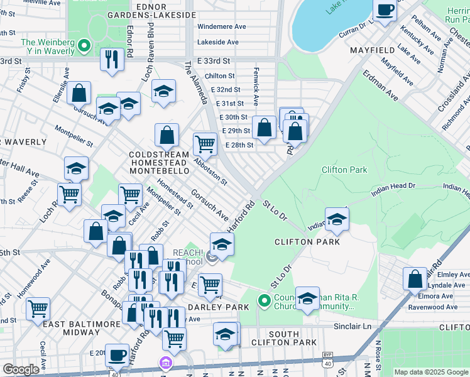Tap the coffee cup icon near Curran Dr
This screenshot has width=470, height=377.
click(x=385, y=10)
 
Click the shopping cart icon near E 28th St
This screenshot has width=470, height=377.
click(x=205, y=144)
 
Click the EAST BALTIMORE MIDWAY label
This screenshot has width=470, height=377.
click(x=81, y=324)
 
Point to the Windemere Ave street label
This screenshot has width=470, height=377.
click(x=221, y=27)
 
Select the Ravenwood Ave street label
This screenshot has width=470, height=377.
click(x=433, y=307)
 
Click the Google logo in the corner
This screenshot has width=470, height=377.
click(x=21, y=369)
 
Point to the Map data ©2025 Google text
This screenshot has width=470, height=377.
click(x=431, y=372)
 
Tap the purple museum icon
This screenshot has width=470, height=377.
click(x=165, y=363)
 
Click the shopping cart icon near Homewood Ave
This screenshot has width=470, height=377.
click(x=38, y=309)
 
